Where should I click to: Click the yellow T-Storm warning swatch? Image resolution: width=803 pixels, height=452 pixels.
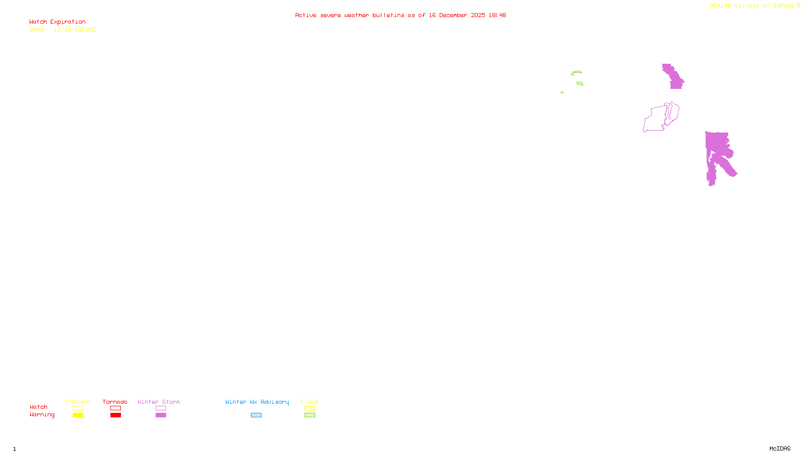pyautogui.click(x=78, y=415)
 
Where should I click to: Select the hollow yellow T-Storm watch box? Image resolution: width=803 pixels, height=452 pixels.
pyautogui.click(x=78, y=408)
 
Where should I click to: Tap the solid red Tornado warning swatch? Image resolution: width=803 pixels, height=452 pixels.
pyautogui.click(x=115, y=415)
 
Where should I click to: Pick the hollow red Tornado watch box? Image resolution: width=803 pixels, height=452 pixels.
pyautogui.click(x=115, y=408)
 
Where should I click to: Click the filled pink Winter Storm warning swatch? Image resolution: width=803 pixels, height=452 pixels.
pyautogui.click(x=161, y=415)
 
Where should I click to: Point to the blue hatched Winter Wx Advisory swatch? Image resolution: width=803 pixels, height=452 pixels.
pyautogui.click(x=256, y=415)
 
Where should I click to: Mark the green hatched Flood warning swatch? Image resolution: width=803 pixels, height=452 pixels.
pyautogui.click(x=310, y=415)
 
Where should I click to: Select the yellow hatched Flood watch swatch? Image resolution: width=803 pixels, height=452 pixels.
pyautogui.click(x=310, y=408)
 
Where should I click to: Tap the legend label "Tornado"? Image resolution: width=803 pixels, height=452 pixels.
pyautogui.click(x=115, y=402)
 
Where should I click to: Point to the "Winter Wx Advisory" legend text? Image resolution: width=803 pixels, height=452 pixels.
pyautogui.click(x=257, y=402)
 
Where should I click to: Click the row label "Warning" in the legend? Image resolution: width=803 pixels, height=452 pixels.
pyautogui.click(x=42, y=415)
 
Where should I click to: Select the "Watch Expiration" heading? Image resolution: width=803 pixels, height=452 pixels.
pyautogui.click(x=57, y=22)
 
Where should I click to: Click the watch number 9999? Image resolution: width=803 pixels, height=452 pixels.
pyautogui.click(x=36, y=30)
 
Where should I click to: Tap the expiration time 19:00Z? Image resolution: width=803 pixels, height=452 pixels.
pyautogui.click(x=85, y=30)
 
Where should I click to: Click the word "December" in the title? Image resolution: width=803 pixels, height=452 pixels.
pyautogui.click(x=453, y=16)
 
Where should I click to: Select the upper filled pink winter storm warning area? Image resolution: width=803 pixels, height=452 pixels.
pyautogui.click(x=674, y=77)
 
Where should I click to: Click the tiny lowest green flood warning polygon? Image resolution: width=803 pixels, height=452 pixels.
pyautogui.click(x=562, y=92)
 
